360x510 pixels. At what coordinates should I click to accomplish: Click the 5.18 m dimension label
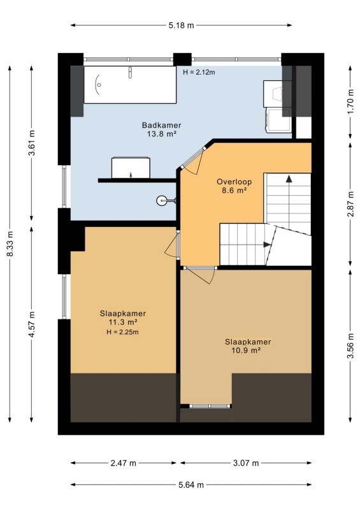[x=181, y=25]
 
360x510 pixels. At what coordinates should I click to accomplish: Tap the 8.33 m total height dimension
[x=10, y=244]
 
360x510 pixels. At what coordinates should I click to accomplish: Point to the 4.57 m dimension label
[x=32, y=324]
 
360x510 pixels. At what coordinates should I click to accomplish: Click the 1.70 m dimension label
[x=350, y=101]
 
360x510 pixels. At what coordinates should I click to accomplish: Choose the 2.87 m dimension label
[x=350, y=204]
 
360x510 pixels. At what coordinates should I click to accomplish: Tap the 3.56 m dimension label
[x=350, y=346]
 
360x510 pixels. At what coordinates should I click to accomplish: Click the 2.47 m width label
[x=123, y=463]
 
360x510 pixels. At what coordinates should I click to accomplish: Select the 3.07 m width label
[x=246, y=463]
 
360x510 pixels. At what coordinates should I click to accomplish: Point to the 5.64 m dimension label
[x=191, y=485]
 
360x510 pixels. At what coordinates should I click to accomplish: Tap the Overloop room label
[x=234, y=182]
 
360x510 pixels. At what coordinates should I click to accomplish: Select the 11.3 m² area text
[x=122, y=323]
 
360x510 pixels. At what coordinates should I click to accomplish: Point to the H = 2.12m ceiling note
[x=199, y=72]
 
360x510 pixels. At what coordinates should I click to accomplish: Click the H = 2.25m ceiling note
[x=122, y=332]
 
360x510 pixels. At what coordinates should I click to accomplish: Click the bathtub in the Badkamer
[x=130, y=85]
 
